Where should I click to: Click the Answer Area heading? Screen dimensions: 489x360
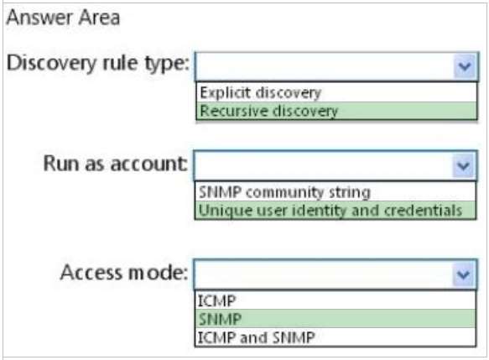(63, 18)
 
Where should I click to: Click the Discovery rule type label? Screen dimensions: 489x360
(98, 64)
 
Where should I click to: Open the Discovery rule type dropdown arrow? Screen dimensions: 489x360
(465, 66)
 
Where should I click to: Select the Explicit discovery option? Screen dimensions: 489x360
(260, 92)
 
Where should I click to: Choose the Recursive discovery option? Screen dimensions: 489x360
(269, 111)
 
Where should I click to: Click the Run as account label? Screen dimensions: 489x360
(116, 164)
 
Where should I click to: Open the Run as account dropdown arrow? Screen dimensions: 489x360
(464, 165)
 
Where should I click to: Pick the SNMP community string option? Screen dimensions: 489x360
(284, 192)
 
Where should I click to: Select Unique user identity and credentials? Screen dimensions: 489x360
(330, 211)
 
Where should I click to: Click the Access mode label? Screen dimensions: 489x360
(124, 273)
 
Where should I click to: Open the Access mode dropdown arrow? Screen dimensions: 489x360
(464, 274)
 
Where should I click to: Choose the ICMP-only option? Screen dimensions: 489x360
(216, 301)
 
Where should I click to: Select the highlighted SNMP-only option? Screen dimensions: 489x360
(220, 319)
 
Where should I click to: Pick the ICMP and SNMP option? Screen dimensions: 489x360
(257, 337)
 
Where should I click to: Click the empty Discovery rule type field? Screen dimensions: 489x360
(325, 66)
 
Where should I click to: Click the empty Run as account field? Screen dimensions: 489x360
(323, 165)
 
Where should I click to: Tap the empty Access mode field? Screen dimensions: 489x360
(323, 274)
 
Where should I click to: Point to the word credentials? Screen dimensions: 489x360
(424, 211)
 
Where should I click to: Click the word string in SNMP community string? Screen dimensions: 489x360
(350, 193)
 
